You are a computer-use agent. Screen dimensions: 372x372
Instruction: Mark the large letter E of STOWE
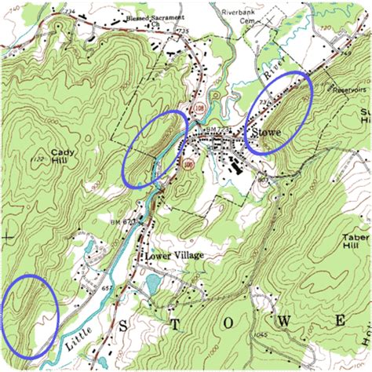coord(341,321)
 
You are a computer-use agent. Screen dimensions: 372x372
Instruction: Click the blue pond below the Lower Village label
coord(151,281)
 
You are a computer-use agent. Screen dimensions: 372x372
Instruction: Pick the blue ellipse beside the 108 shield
coord(155,147)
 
